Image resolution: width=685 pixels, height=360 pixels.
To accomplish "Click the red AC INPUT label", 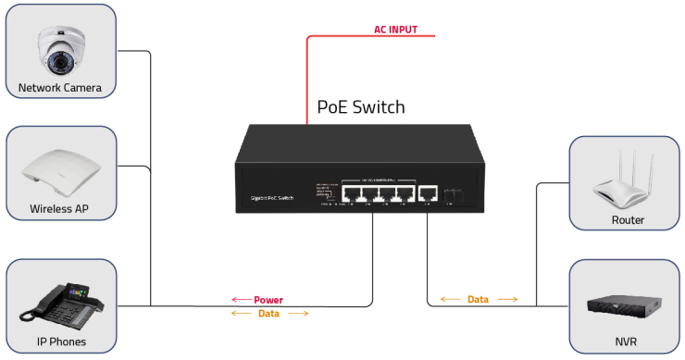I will tap(395, 30).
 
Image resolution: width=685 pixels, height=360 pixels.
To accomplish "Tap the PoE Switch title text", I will tap(361, 107).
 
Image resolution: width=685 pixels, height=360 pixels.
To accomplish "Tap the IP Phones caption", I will tap(61, 342).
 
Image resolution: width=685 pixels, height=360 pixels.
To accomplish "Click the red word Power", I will tap(268, 300).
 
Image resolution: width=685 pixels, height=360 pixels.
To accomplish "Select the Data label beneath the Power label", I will tap(268, 314).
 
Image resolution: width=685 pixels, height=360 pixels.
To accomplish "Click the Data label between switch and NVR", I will tap(478, 300).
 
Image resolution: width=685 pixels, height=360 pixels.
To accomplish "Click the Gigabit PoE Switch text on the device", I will tap(273, 198).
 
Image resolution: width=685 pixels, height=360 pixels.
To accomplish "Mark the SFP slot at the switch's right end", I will tap(455, 193).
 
